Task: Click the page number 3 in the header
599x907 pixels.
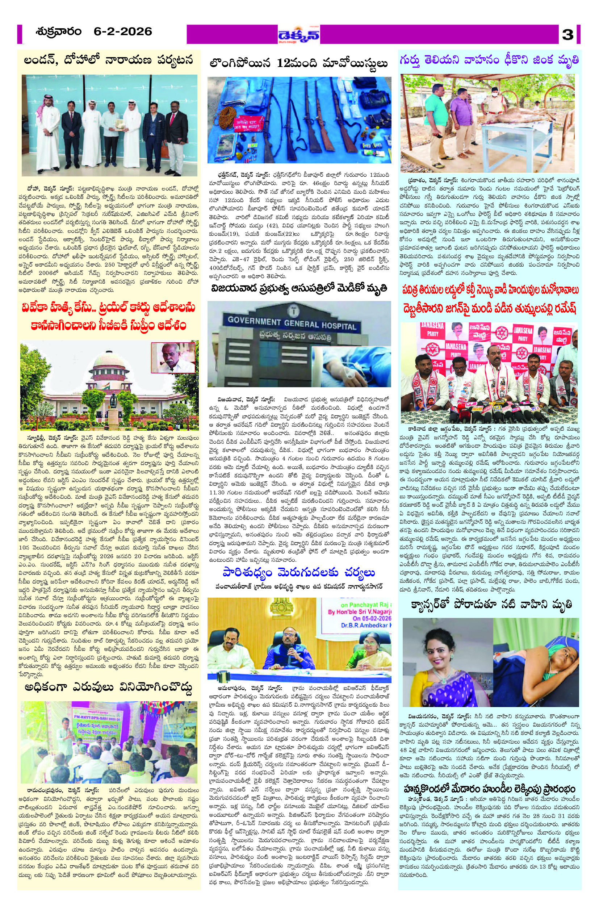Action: (568, 34)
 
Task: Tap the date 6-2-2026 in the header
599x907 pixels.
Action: (123, 32)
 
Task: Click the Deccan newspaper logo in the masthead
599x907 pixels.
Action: (299, 35)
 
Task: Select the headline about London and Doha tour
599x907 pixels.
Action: (108, 60)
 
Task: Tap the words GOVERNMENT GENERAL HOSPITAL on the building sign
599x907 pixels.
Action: (292, 322)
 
